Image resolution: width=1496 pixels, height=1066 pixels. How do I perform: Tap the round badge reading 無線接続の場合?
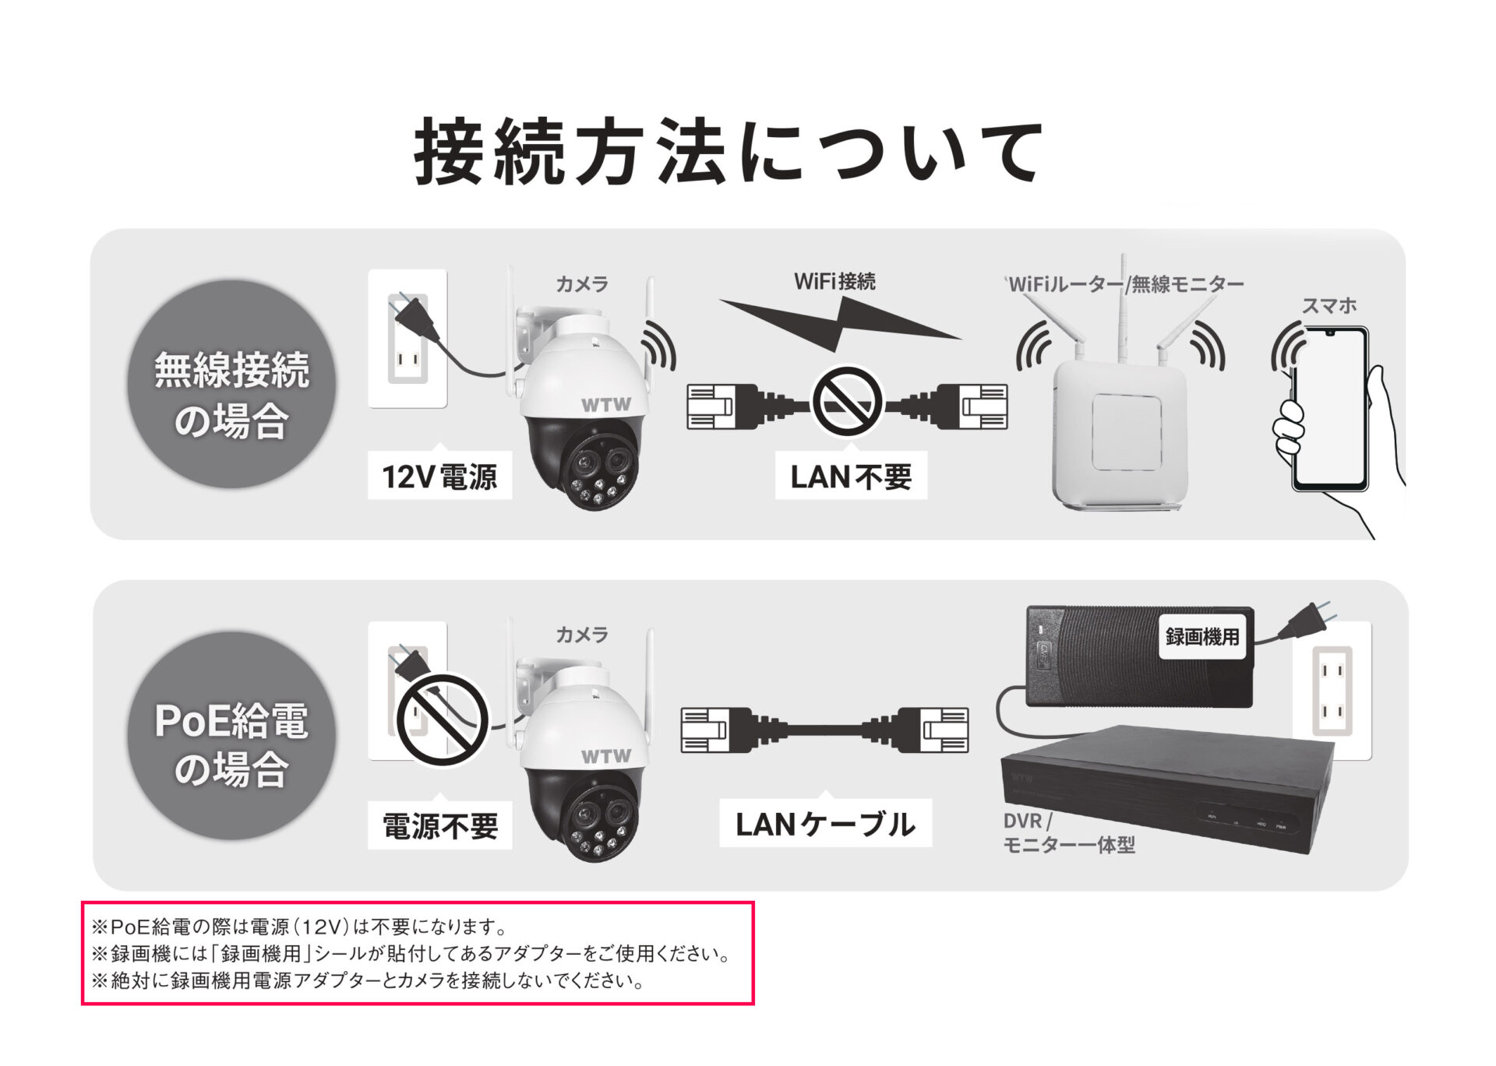231,384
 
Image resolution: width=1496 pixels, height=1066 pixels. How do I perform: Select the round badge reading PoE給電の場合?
231,735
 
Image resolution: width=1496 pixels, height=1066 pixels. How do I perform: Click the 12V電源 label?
439,476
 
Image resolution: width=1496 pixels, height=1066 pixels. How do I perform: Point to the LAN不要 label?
851,476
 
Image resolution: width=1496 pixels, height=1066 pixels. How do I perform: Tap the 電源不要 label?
439,825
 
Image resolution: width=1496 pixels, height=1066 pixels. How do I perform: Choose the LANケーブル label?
825,824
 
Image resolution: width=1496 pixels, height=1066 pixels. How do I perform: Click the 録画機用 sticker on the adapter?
1202,637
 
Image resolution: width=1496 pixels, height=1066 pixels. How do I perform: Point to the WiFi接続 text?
834,281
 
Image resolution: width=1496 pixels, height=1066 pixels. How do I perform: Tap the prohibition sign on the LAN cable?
847,403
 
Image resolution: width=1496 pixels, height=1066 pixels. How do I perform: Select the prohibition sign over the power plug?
442,719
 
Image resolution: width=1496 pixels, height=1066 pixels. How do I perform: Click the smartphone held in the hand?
1329,409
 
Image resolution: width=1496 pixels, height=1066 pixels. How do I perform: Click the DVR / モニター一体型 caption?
1068,832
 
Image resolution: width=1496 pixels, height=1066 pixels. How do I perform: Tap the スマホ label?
1329,305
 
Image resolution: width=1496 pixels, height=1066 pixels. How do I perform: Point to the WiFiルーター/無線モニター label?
1124,284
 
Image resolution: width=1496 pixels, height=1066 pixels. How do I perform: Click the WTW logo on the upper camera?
605,405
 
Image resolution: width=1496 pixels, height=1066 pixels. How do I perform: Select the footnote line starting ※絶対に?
369,980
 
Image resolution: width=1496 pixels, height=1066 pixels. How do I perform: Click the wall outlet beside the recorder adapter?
1332,691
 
